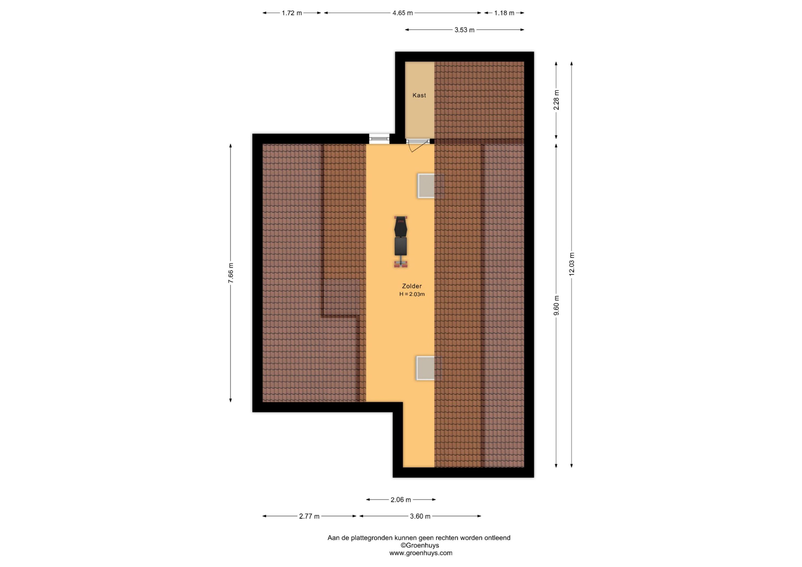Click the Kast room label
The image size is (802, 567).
click(419, 95)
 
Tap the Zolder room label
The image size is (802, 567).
click(412, 286)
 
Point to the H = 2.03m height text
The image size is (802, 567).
click(412, 294)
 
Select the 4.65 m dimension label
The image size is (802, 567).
click(402, 13)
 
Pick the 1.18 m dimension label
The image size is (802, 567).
click(504, 13)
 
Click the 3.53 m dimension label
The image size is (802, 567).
click(464, 30)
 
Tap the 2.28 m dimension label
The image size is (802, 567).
click(556, 100)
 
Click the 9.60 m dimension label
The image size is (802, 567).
click(556, 305)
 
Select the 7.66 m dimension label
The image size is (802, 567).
click(231, 273)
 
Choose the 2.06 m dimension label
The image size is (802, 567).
click(401, 500)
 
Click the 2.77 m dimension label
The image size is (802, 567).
click(309, 516)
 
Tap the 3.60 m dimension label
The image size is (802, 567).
click(420, 516)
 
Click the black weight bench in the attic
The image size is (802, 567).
click(401, 242)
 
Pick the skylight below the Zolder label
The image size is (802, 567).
click(428, 368)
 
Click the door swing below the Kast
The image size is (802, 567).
click(418, 146)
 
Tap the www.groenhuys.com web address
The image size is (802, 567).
click(421, 553)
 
